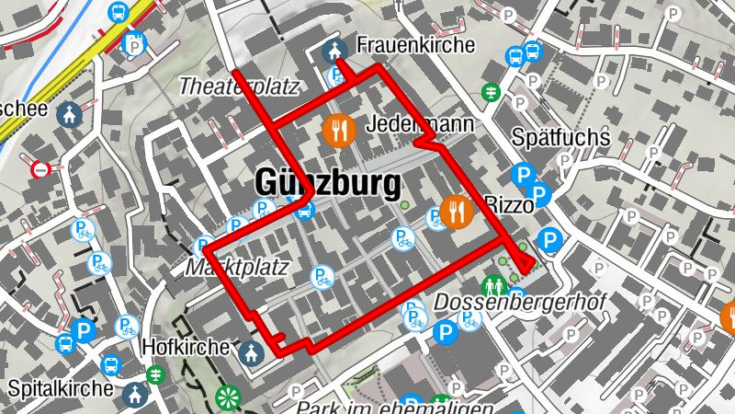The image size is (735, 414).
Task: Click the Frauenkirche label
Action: [x=415, y=44]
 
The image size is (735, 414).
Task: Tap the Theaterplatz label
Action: [x=240, y=86]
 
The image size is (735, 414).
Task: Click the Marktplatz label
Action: [x=237, y=268]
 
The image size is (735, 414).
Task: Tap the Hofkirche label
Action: [x=186, y=348]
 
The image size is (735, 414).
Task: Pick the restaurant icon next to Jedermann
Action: [x=340, y=130]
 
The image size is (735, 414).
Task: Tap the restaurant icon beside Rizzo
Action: [x=456, y=213]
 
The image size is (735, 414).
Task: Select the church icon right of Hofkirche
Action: [x=250, y=351]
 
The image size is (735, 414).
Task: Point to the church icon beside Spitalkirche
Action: [x=135, y=394]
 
